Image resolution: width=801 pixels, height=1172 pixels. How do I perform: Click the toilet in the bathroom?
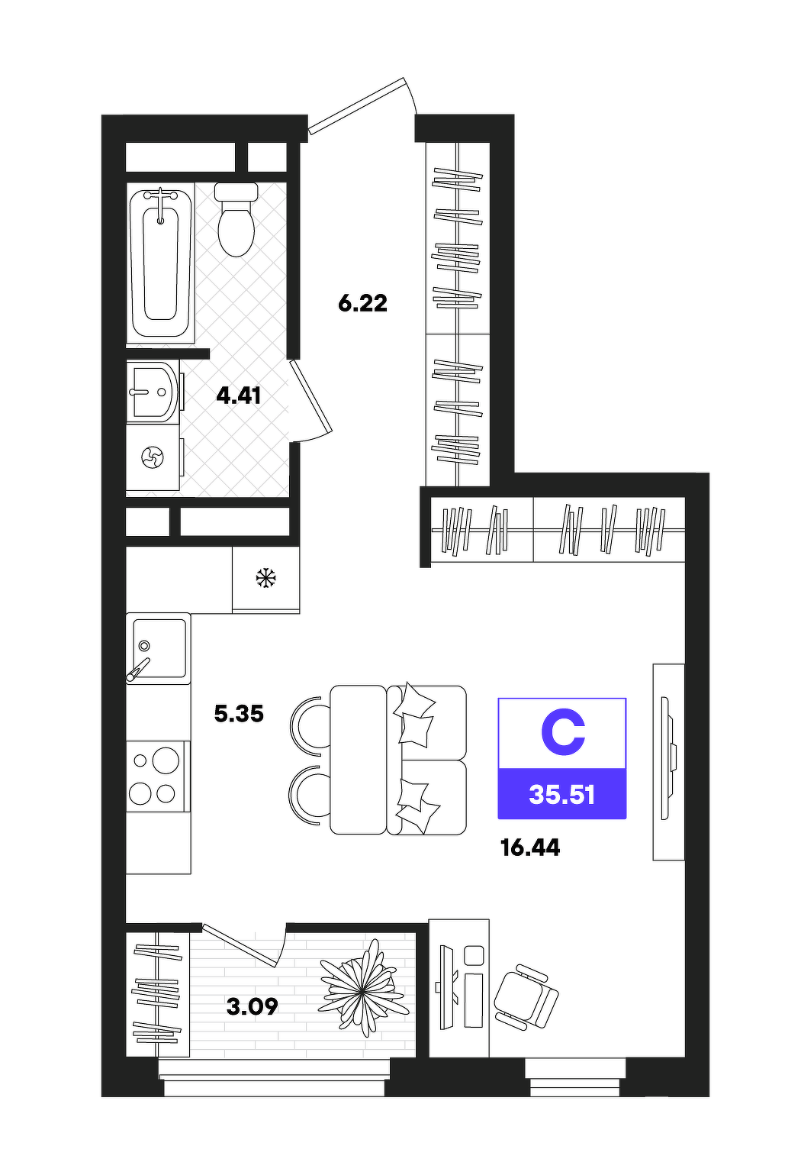236,219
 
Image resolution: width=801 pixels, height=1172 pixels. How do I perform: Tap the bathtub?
160,263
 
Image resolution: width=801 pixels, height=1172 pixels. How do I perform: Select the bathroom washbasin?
153,392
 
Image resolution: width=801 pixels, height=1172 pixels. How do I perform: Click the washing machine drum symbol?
153,457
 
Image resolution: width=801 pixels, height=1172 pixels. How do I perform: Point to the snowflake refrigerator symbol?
265,578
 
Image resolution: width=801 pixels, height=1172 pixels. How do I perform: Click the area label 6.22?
362,303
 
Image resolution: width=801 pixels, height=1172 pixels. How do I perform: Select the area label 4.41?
239,396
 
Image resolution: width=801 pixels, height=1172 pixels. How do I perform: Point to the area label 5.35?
239,714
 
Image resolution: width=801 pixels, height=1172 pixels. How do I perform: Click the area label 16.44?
530,848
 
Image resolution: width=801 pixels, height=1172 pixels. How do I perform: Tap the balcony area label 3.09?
252,1006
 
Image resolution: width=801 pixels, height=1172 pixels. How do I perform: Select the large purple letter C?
562,733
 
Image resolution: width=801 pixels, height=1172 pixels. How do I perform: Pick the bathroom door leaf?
311,396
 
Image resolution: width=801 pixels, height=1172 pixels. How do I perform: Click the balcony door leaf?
238,945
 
